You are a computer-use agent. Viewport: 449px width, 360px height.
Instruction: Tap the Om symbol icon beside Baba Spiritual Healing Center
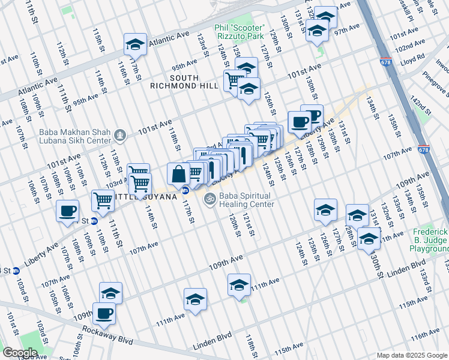pyautogui.click(x=209, y=199)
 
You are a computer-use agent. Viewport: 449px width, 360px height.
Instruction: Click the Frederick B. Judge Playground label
pyautogui.click(x=430, y=240)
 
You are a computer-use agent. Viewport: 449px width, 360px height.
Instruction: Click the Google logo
pyautogui.click(x=20, y=352)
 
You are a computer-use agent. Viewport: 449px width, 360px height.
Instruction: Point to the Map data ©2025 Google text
pyautogui.click(x=412, y=355)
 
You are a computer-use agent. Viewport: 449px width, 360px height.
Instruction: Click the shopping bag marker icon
pyautogui.click(x=179, y=175)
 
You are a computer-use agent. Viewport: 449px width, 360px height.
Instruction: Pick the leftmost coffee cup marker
pyautogui.click(x=68, y=211)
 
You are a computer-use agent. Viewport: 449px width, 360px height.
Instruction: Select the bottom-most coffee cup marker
pyautogui.click(x=104, y=313)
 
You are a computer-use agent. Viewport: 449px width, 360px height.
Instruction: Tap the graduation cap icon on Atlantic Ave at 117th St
pyautogui.click(x=135, y=44)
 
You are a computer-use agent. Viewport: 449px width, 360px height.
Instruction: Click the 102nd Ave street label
pyautogui.click(x=410, y=47)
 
